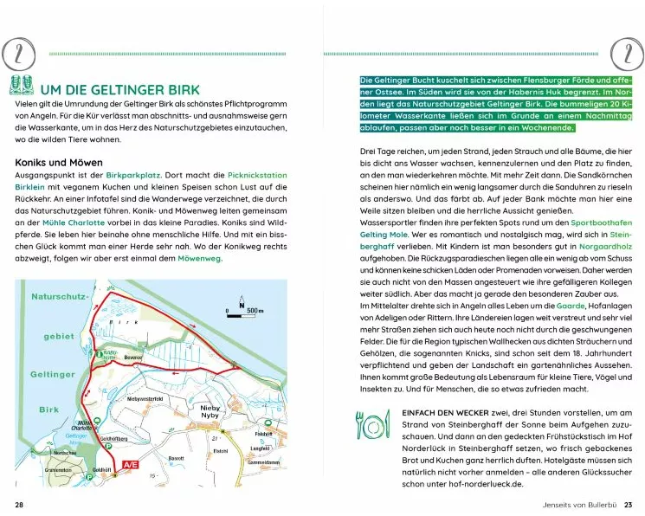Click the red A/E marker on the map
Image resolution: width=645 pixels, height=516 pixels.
(x=132, y=465)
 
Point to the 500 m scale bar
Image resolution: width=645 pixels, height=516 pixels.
(x=241, y=309)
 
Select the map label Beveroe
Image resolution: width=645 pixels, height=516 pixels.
(x=132, y=357)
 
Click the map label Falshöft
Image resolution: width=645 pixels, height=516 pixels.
(x=265, y=434)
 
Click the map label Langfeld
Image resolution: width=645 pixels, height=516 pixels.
(x=261, y=448)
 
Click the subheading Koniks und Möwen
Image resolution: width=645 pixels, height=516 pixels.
(x=59, y=162)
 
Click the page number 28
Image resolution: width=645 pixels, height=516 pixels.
(x=19, y=505)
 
